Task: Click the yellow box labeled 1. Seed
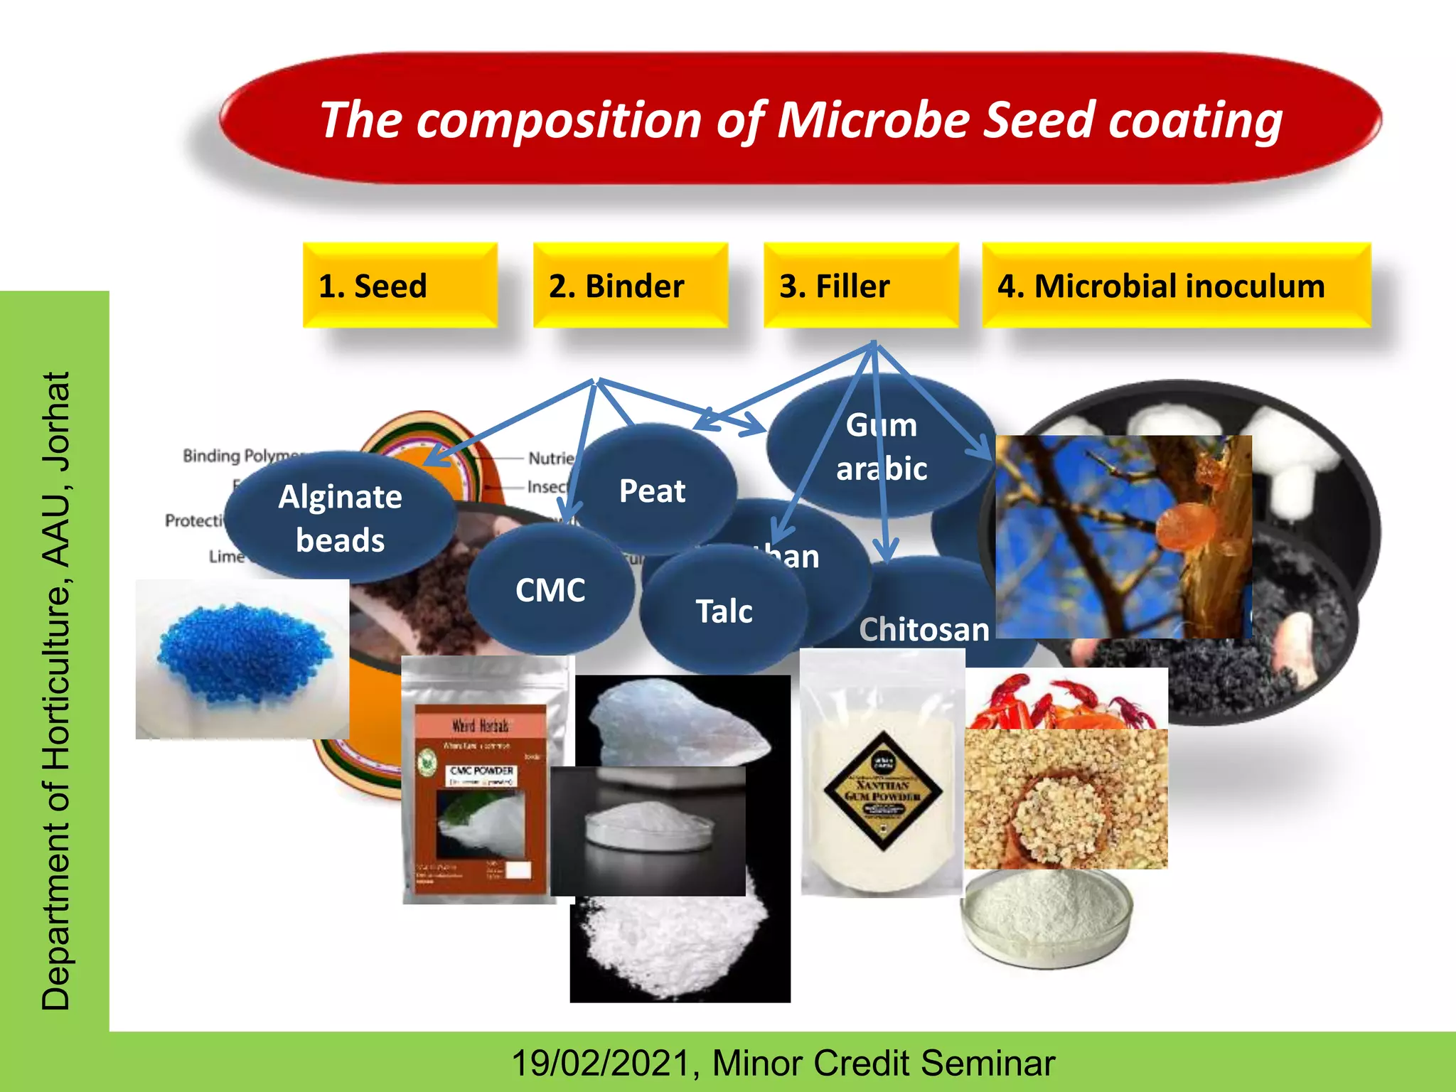pyautogui.click(x=400, y=285)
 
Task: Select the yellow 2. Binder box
pyautogui.click(x=630, y=285)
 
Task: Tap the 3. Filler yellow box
pyautogui.click(x=860, y=285)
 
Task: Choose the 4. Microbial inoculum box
pyautogui.click(x=1175, y=285)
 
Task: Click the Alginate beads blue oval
pyautogui.click(x=340, y=518)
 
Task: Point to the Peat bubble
pyautogui.click(x=652, y=491)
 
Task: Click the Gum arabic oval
pyautogui.click(x=881, y=446)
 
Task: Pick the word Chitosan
pyautogui.click(x=924, y=630)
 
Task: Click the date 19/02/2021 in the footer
pyautogui.click(x=601, y=1063)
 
